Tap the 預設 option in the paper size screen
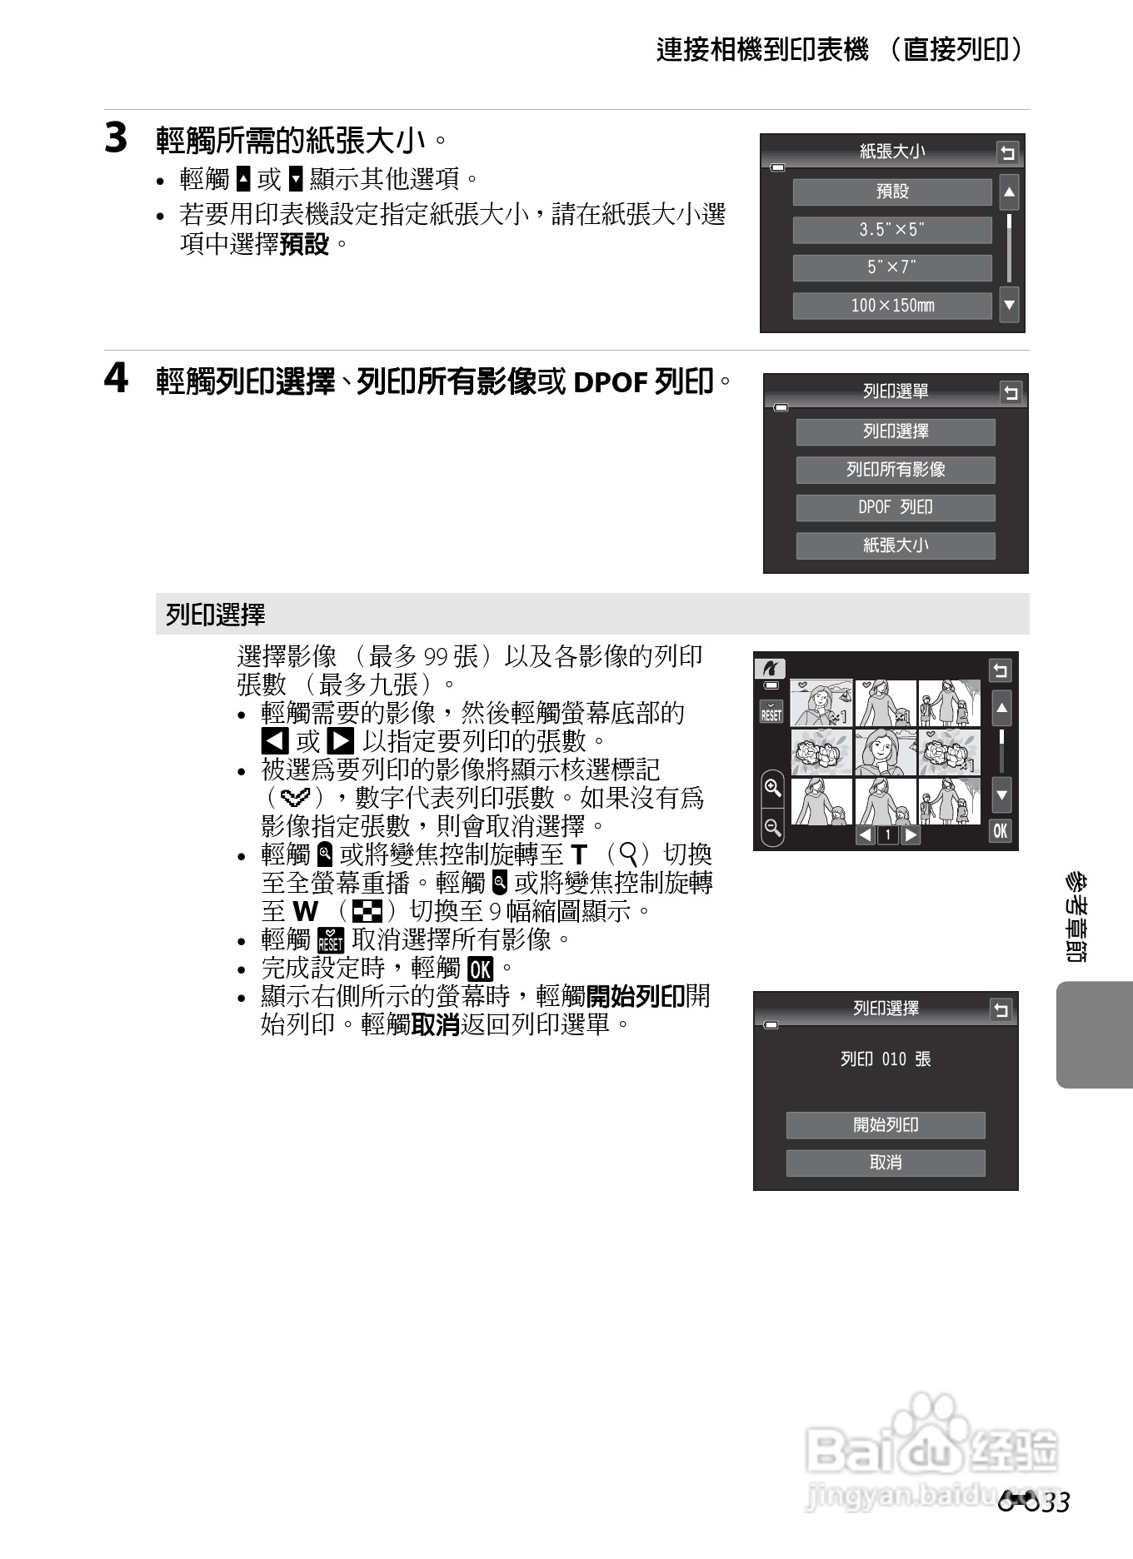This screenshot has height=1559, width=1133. (x=891, y=192)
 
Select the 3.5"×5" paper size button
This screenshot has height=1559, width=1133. (x=891, y=230)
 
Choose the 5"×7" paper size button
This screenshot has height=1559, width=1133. (x=891, y=267)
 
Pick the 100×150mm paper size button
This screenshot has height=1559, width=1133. (x=891, y=306)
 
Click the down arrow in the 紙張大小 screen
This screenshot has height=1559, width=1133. (x=1009, y=305)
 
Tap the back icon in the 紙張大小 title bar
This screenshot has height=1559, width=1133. (x=1007, y=153)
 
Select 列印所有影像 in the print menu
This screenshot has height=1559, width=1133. (x=896, y=470)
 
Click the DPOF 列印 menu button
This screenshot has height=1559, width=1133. (x=896, y=507)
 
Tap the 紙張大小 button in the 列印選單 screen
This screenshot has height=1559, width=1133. (x=896, y=545)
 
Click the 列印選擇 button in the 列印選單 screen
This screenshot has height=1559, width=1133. (x=896, y=431)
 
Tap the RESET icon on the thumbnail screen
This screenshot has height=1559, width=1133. (x=771, y=712)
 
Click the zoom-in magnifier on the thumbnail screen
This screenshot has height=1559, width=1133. (x=772, y=788)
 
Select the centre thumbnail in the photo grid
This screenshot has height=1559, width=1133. (x=886, y=752)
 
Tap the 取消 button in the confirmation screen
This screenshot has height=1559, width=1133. (x=886, y=1163)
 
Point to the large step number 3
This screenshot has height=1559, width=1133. (x=116, y=138)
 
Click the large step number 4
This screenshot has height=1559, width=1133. (x=116, y=379)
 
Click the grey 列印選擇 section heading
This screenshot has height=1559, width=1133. (x=215, y=615)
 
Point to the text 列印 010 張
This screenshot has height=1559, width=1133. (x=886, y=1059)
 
